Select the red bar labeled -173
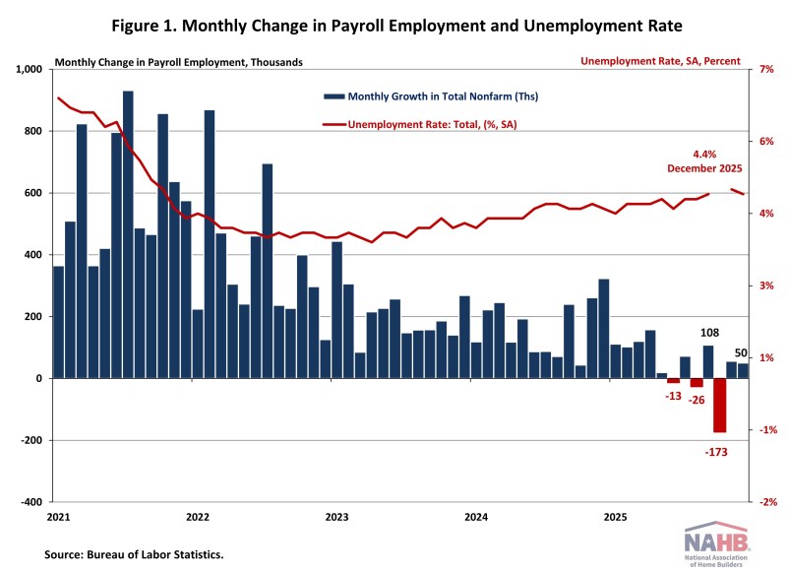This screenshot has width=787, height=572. pos(720,405)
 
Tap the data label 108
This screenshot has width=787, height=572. pos(708,334)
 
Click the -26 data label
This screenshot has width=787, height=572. pos(697,401)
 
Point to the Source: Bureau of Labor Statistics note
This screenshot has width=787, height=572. pos(134,555)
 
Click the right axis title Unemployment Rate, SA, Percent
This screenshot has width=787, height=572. pos(660,61)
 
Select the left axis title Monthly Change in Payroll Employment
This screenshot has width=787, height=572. pos(179,62)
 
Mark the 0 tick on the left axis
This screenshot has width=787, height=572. pos(40,379)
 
